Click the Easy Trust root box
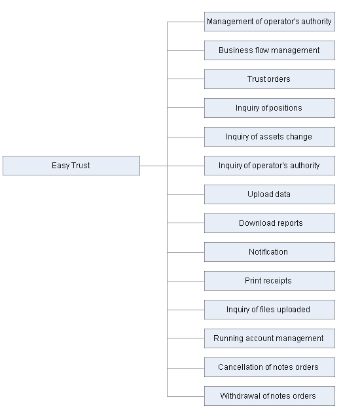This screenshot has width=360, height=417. coord(71,166)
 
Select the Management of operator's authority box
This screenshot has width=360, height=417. coord(270,22)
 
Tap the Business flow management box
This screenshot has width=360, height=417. coord(270,50)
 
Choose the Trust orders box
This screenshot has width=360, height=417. coord(270,79)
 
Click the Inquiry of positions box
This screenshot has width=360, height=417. coord(270,108)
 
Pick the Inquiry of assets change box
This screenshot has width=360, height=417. coord(270,137)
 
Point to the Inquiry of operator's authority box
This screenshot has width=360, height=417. coord(270,166)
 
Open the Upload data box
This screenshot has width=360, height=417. coord(270,194)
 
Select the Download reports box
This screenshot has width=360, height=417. coord(270,223)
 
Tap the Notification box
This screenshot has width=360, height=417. coord(270,252)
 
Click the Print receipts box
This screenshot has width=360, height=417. coord(270,281)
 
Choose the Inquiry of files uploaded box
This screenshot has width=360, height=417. coord(270,310)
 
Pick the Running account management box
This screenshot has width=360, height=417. coord(270,338)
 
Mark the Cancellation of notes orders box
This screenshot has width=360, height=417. coord(270,367)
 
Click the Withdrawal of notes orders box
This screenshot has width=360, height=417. coord(270,396)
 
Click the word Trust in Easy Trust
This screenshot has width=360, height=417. coord(81,166)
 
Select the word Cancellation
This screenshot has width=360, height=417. coord(241,367)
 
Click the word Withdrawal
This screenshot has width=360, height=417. coord(240,395)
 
